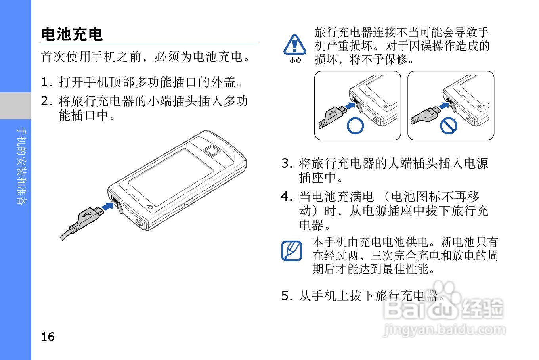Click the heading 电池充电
click(x=72, y=34)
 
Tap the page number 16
click(x=48, y=337)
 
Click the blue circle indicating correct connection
click(x=355, y=126)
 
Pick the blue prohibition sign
click(x=449, y=126)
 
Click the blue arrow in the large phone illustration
click(x=107, y=207)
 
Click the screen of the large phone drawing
click(x=171, y=172)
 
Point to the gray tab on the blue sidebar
click(x=15, y=105)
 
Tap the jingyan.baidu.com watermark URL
click(x=444, y=329)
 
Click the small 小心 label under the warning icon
click(x=295, y=61)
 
